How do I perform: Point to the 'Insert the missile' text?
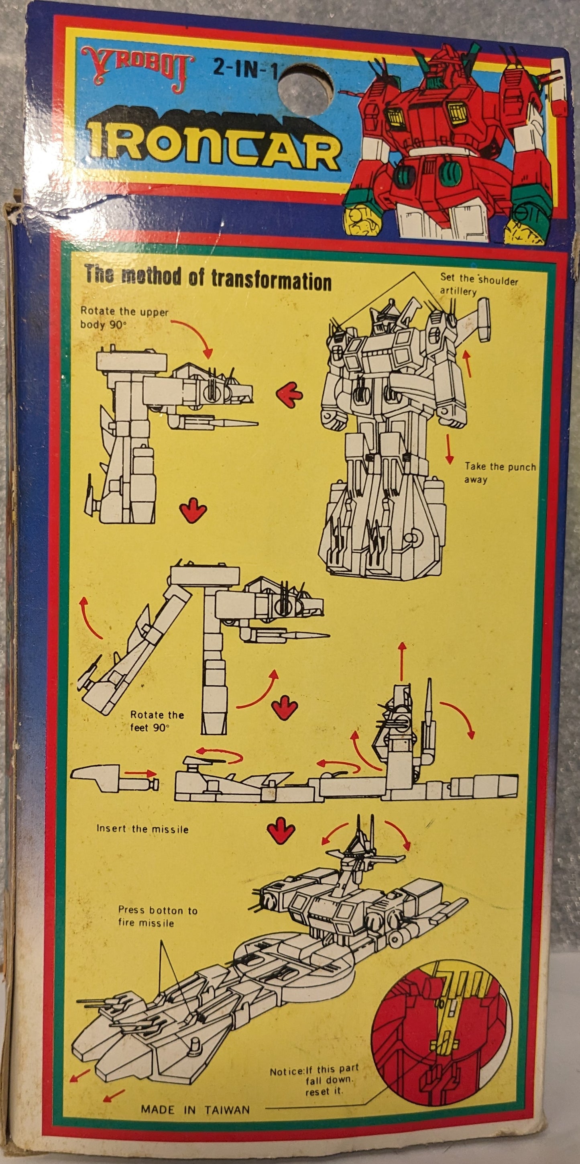click(142, 829)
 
